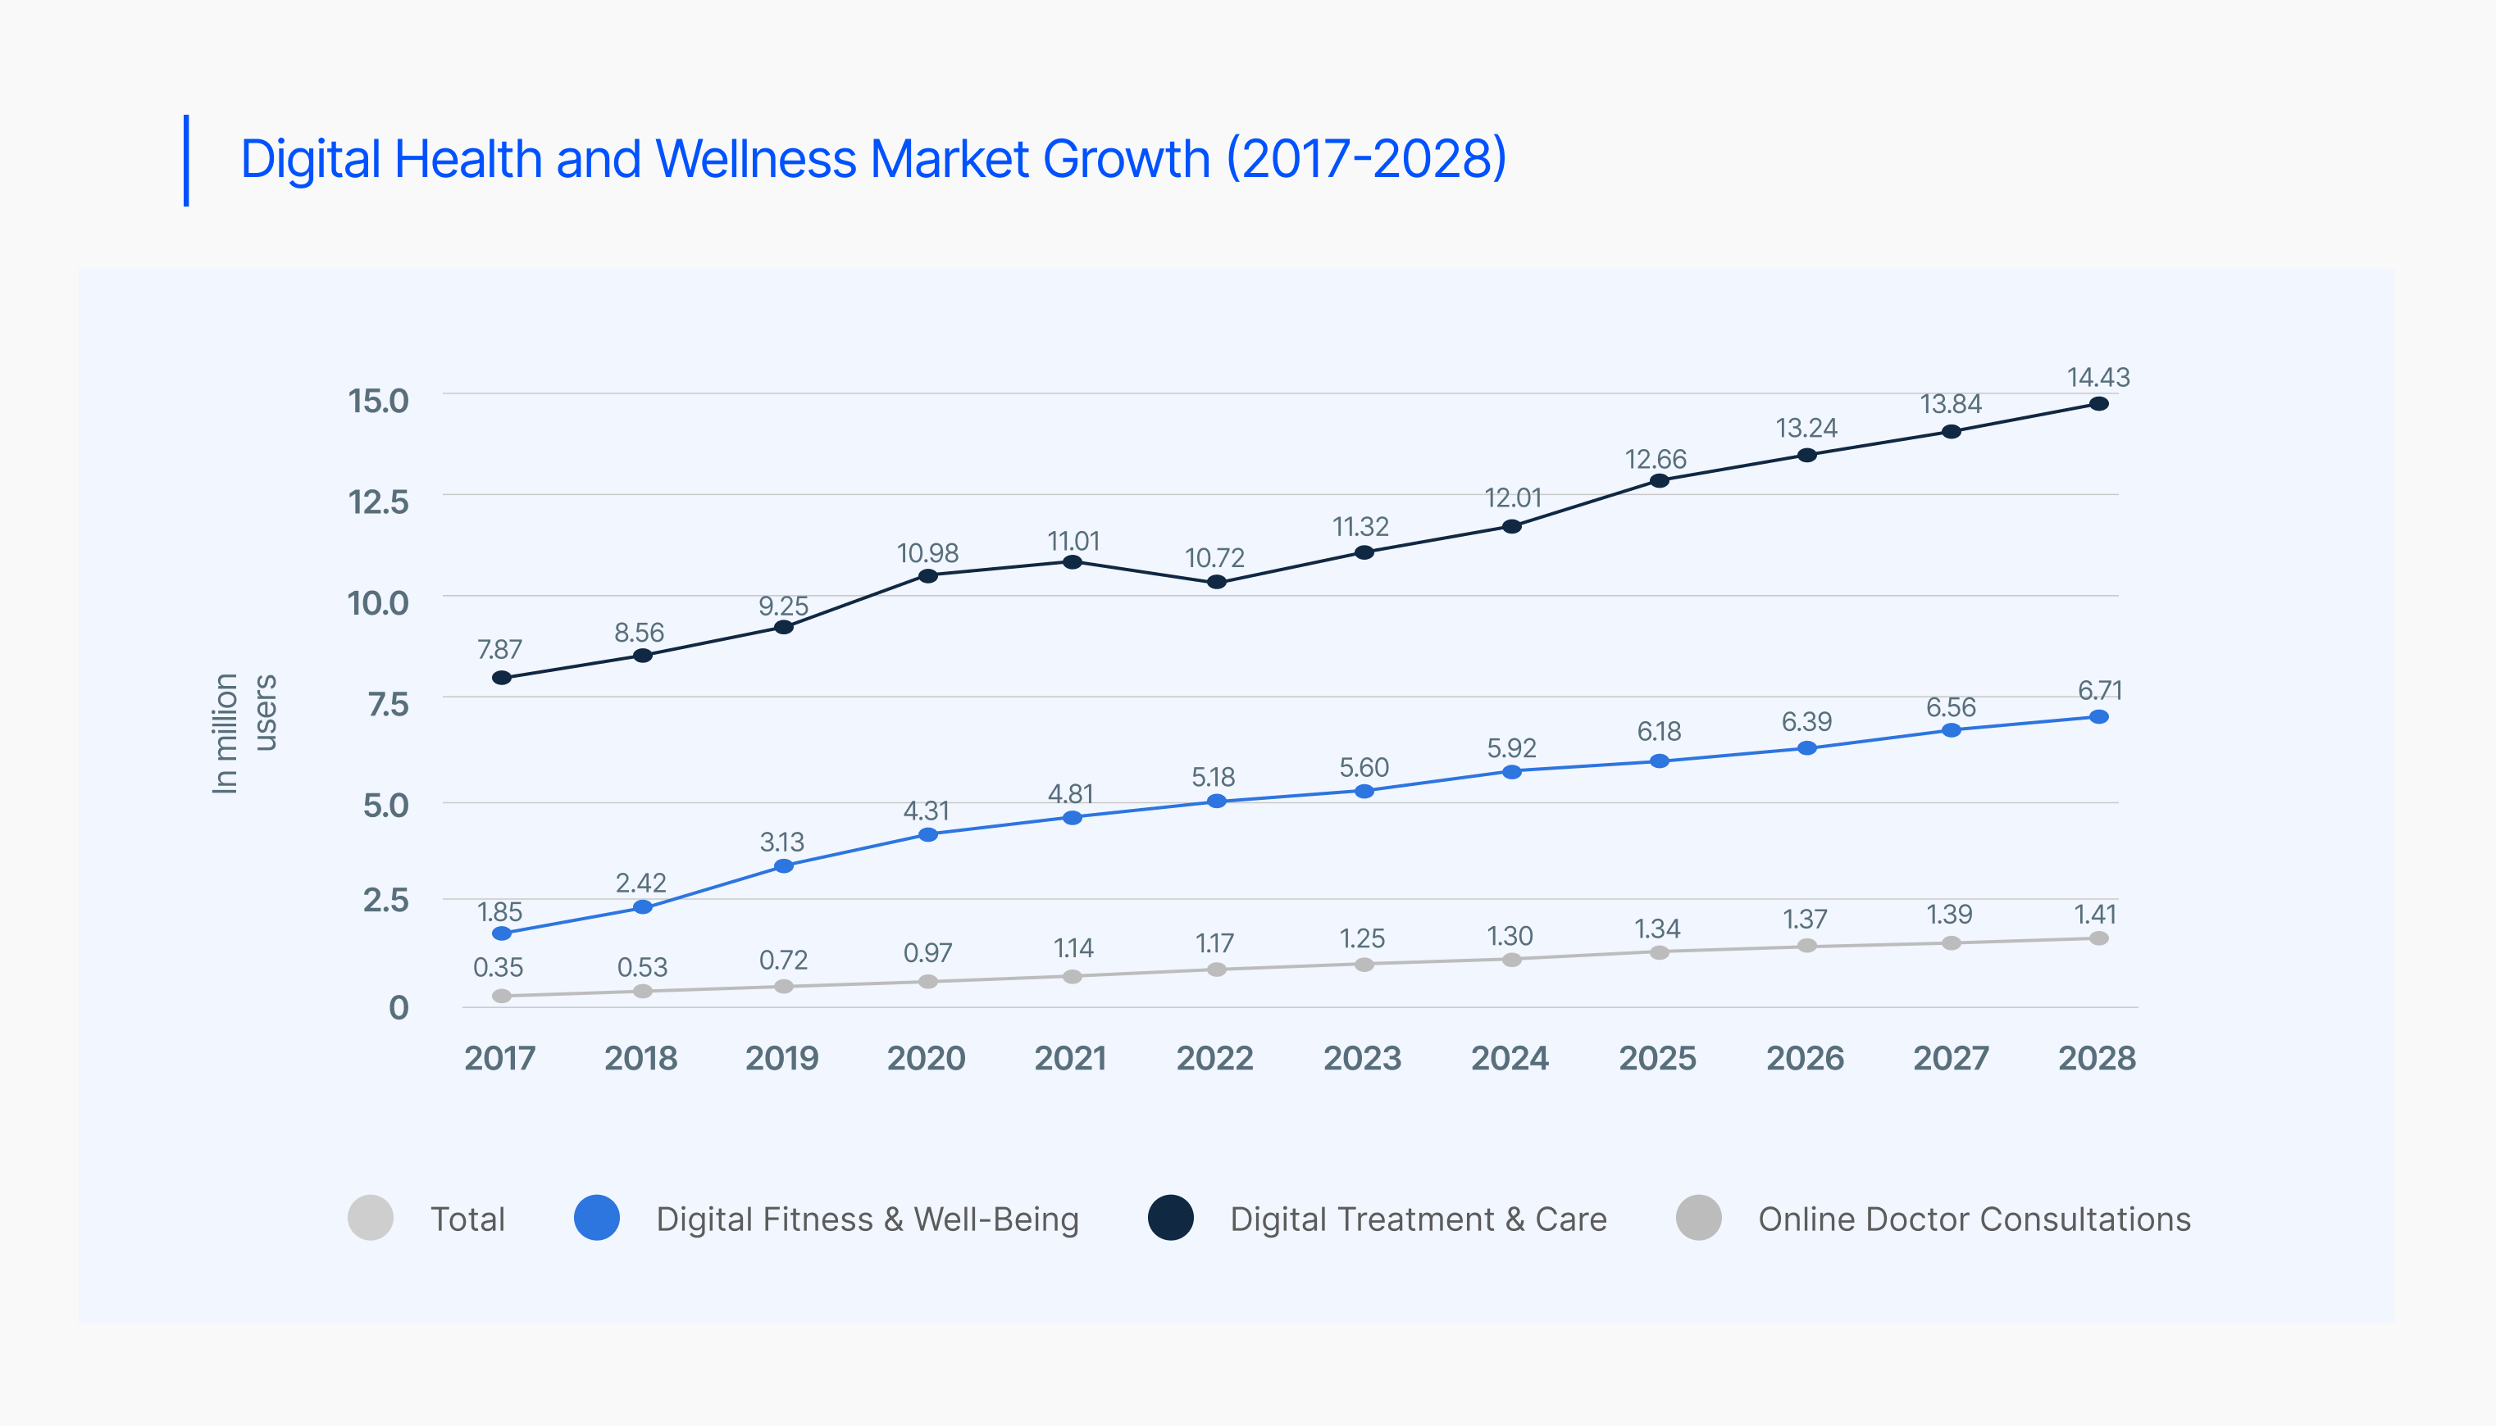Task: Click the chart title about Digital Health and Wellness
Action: (872, 159)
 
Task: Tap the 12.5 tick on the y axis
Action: (378, 502)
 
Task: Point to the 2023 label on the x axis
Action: (1362, 1059)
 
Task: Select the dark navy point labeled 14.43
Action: (2098, 403)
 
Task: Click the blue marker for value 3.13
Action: (784, 865)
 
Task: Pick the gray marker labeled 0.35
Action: (502, 996)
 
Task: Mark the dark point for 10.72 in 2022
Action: (1217, 582)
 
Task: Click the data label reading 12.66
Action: (1656, 459)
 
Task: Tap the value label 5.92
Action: (1511, 748)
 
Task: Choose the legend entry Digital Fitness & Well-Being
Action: (867, 1219)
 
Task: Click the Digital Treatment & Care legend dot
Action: (1171, 1219)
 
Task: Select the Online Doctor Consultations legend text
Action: (1974, 1219)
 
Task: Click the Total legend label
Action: (467, 1219)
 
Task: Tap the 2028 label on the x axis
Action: (2097, 1059)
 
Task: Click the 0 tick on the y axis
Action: (398, 1008)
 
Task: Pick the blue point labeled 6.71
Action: (2098, 717)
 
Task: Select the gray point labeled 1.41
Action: (2098, 938)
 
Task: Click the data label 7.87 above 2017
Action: (499, 649)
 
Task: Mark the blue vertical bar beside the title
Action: (186, 161)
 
